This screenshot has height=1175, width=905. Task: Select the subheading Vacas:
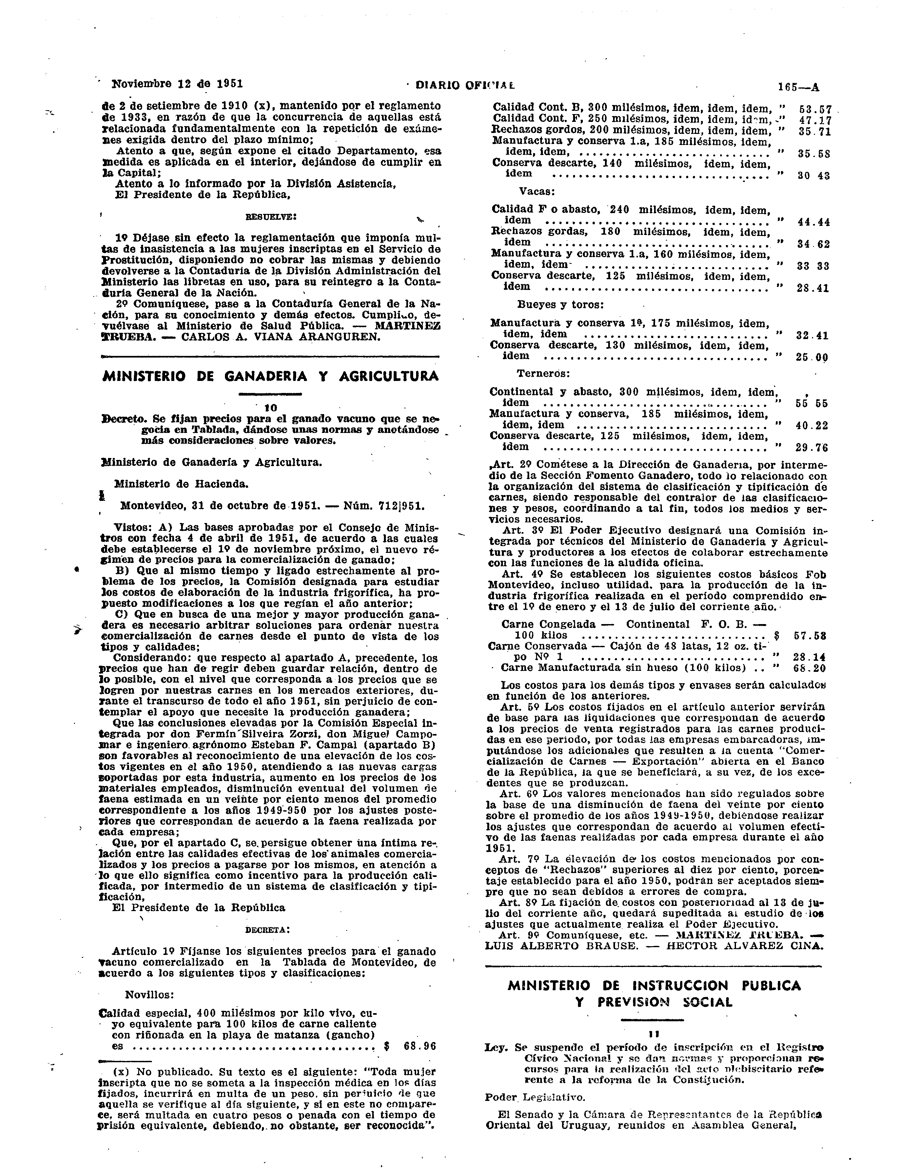coord(537,191)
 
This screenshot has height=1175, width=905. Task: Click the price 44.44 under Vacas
coord(813,222)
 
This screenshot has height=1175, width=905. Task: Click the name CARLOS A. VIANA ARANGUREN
coord(280,337)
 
